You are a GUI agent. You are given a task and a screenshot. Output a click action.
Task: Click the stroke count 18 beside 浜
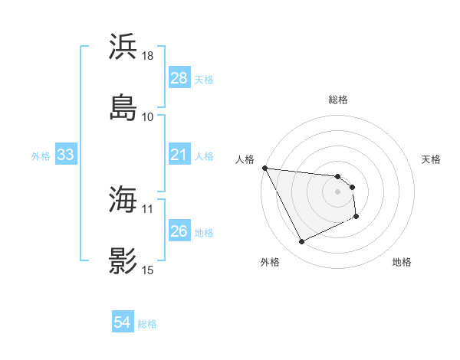point(148,56)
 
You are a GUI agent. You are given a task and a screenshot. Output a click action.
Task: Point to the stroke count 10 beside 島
point(148,116)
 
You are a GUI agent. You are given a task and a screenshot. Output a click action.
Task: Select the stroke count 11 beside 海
point(148,208)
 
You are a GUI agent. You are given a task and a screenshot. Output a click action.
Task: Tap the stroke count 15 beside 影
point(148,270)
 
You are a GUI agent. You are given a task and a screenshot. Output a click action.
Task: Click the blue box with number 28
point(179,78)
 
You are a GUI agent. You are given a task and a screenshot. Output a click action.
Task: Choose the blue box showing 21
point(179,155)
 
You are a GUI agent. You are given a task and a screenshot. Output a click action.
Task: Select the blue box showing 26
point(179,231)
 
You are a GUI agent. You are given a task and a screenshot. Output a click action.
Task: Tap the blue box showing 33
point(65,155)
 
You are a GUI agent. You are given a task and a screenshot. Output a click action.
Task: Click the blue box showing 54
point(123,323)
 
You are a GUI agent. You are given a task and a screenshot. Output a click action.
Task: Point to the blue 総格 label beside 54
point(147,324)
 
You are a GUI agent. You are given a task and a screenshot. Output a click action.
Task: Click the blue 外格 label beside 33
point(41,156)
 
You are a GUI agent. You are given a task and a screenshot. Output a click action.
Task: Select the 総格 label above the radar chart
point(338,100)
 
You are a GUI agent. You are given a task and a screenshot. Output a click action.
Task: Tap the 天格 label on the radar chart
point(432,159)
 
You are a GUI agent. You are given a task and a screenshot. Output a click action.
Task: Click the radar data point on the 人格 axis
point(264,168)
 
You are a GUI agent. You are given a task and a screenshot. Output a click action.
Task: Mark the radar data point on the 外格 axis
point(301,242)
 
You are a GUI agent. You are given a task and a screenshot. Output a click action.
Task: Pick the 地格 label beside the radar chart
point(402,262)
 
